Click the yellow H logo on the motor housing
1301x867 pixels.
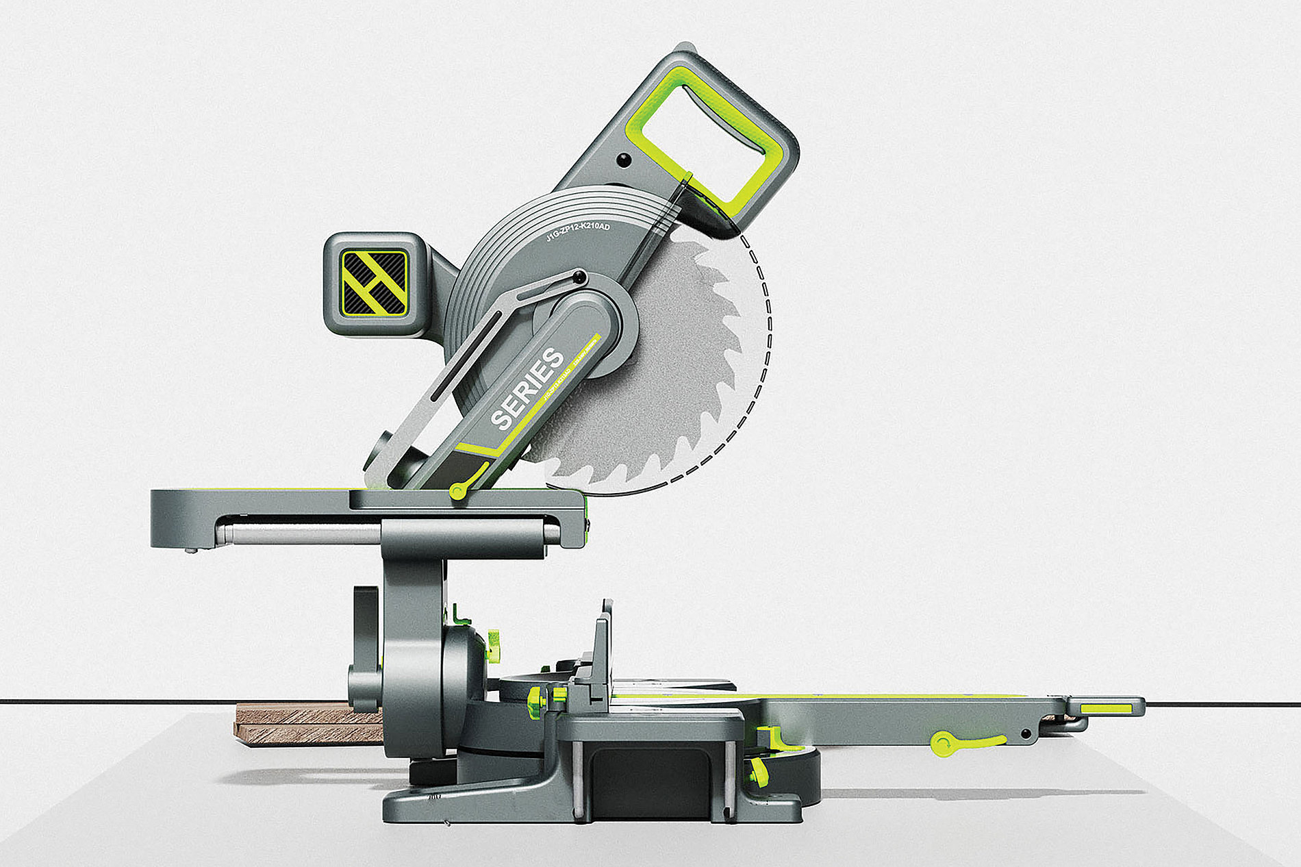click(375, 283)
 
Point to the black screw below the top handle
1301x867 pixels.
click(622, 160)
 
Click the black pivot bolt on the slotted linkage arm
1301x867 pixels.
click(579, 277)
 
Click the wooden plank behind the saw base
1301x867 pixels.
click(308, 723)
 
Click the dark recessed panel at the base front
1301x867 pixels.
click(650, 781)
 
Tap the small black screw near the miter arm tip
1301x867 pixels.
click(1025, 734)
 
